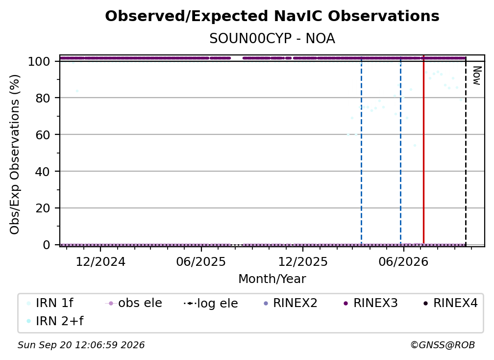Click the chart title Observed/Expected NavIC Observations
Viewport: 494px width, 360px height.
point(272,16)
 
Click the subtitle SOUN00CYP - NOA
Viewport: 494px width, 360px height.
point(272,39)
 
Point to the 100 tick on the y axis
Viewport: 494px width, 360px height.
point(39,61)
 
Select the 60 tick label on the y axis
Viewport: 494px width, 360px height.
point(43,135)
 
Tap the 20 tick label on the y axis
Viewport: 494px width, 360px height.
point(43,208)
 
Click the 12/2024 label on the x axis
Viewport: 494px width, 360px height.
point(100,262)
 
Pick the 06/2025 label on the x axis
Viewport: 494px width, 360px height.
point(201,262)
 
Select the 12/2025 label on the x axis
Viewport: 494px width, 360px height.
point(303,262)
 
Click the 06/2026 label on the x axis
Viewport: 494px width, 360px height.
point(403,262)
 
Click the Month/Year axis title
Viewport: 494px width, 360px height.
point(272,279)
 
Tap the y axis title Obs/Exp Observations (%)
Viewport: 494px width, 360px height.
point(15,154)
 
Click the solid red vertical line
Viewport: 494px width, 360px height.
point(424,150)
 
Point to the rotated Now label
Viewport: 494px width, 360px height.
point(477,76)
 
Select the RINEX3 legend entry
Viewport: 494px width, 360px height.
point(370,303)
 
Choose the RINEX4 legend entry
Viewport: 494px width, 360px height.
point(450,303)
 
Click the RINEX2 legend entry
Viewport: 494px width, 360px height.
point(290,303)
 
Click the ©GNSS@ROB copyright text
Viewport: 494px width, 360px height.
point(443,345)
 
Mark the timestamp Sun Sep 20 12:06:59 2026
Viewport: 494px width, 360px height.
point(81,345)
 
